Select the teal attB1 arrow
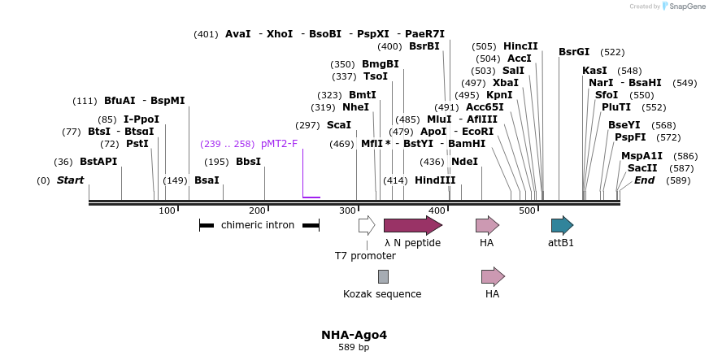562,225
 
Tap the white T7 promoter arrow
367,225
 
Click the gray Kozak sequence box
383,276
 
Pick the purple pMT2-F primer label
279,144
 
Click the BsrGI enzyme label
574,52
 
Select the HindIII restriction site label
435,180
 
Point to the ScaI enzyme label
339,125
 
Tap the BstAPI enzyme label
98,162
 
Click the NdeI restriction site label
464,162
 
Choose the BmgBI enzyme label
381,64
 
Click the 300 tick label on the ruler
347,211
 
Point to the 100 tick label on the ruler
167,211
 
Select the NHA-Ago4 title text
354,335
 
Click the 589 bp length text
354,348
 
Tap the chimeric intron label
258,225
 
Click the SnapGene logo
682,7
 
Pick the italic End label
644,180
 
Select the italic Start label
70,180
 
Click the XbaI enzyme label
506,83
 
